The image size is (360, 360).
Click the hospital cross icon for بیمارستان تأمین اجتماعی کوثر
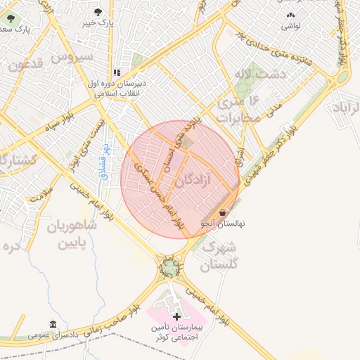click(x=176, y=317)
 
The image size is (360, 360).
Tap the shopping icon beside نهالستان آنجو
click(x=223, y=212)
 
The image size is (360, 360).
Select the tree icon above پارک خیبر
click(x=97, y=12)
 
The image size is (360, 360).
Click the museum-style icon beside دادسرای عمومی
click(x=53, y=324)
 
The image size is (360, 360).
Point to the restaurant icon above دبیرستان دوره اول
click(x=117, y=72)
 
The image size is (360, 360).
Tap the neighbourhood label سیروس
click(x=73, y=56)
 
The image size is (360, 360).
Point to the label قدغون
click(x=26, y=67)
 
